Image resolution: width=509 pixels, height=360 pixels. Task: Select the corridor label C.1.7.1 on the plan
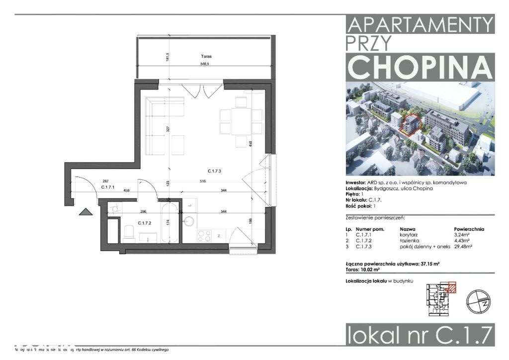tap(108, 187)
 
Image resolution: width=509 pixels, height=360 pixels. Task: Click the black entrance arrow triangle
tap(85, 212)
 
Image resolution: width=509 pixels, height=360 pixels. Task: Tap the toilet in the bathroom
tap(129, 233)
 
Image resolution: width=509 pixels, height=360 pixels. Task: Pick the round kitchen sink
tap(189, 220)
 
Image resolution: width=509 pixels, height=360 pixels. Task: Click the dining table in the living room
tap(241, 122)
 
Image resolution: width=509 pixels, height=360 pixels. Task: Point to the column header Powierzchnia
tap(469, 230)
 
